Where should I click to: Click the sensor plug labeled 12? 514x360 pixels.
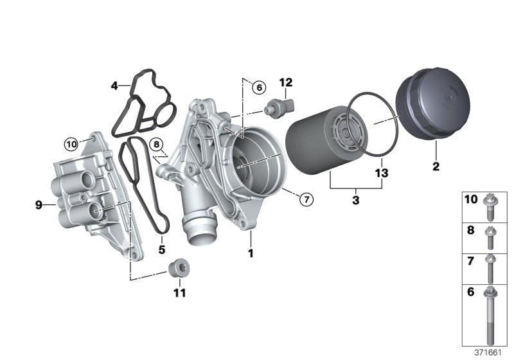pos(279,107)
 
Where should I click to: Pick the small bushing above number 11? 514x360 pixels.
pos(179,269)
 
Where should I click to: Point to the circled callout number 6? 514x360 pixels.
pos(259,87)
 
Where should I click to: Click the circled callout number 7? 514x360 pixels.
pos(306,199)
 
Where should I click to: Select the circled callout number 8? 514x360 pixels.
pos(156,144)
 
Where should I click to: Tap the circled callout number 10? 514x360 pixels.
pos(71,144)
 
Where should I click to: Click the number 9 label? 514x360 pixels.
pos(39,205)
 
